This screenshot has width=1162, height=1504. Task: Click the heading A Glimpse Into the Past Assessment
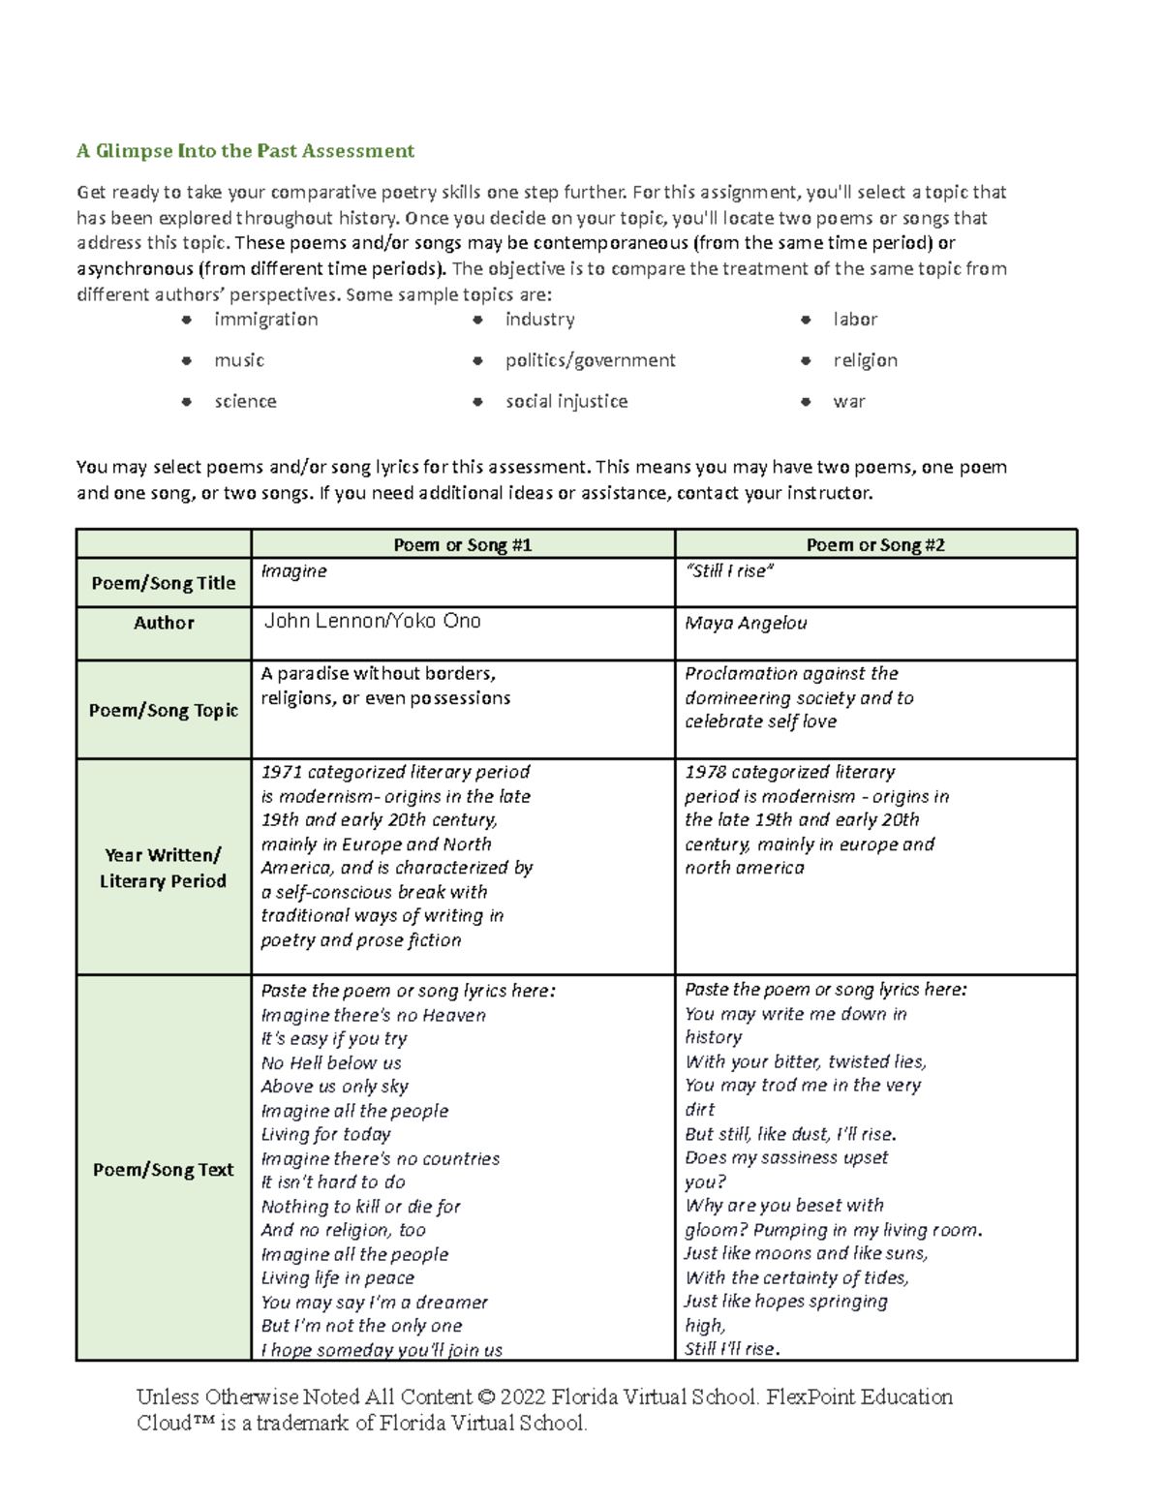click(245, 150)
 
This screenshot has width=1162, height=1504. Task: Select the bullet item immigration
click(265, 320)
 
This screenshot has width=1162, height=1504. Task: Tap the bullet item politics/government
click(590, 360)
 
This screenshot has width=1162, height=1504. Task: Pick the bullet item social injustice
click(566, 401)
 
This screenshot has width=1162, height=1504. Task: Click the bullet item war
click(848, 401)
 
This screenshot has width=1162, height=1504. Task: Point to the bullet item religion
click(865, 360)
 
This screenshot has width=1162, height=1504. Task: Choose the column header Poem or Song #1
click(462, 544)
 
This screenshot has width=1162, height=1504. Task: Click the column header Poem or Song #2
click(875, 544)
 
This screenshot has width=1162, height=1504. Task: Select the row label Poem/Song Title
click(163, 583)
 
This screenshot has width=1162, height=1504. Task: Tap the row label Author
click(164, 623)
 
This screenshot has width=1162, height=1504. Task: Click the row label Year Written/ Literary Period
click(163, 868)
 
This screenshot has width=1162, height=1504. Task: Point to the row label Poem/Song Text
click(163, 1169)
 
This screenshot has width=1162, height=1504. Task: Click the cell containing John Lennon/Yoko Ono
click(372, 621)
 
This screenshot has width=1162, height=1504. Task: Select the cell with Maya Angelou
click(746, 623)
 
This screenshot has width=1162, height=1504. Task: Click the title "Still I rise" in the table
click(729, 571)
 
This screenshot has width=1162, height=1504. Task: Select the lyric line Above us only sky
click(334, 1087)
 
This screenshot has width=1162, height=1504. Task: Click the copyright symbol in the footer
click(486, 1397)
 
